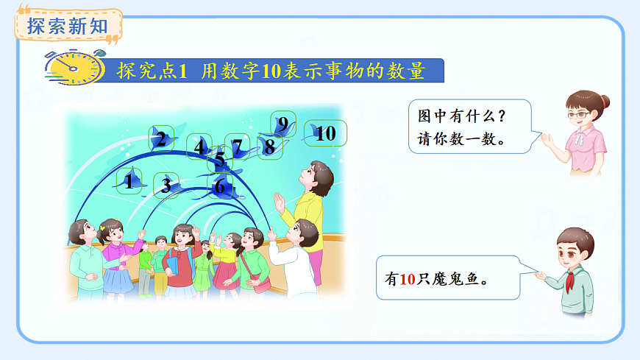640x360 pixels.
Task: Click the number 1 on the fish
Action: [130, 180]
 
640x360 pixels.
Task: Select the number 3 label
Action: [166, 186]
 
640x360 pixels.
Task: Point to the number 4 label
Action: [199, 147]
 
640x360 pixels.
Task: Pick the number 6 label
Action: [219, 187]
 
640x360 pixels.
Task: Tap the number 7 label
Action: [237, 147]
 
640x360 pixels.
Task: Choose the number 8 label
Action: [269, 147]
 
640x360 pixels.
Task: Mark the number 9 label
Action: [282, 124]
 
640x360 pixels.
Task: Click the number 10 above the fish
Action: [325, 133]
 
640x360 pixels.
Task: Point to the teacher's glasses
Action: [580, 114]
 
